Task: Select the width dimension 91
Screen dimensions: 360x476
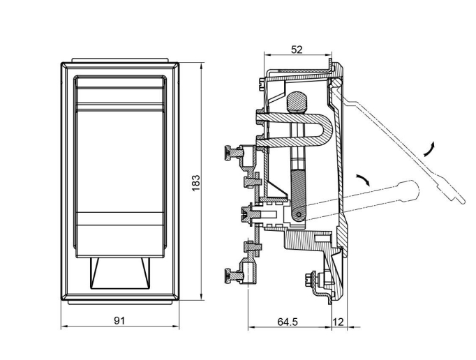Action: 119,320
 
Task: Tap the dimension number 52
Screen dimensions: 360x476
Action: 296,49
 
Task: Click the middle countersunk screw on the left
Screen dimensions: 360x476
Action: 246,213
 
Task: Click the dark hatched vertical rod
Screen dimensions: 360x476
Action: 297,188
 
